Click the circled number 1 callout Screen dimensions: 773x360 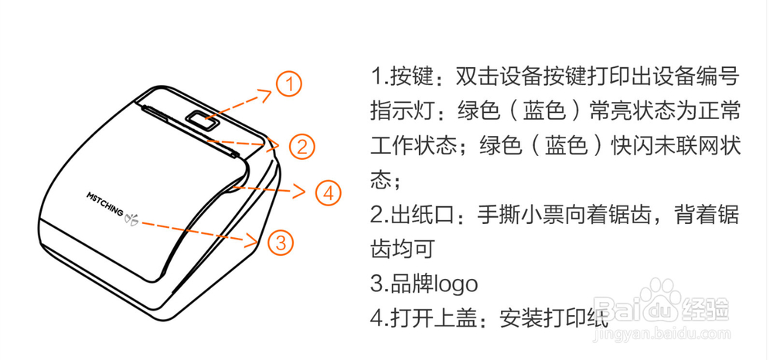tap(288, 84)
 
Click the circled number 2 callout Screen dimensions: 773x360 tap(301, 146)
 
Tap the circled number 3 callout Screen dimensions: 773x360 tap(281, 243)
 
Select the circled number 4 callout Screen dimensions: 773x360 tap(328, 192)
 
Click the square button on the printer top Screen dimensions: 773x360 tap(200, 121)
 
